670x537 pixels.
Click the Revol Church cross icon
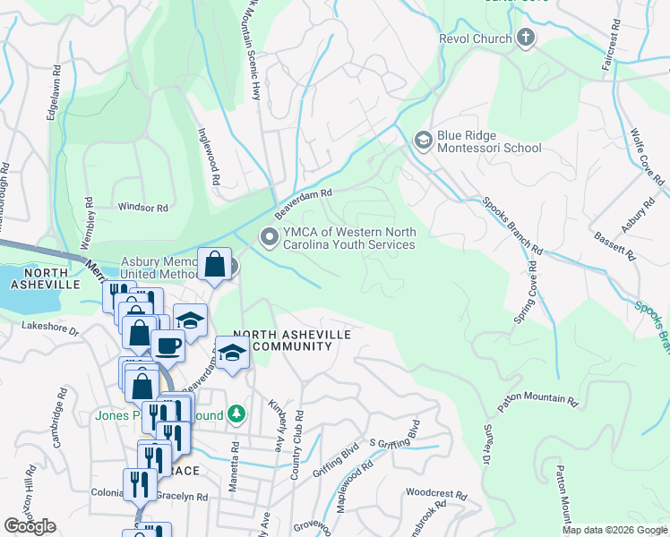pyautogui.click(x=525, y=38)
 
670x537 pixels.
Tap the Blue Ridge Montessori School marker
pyautogui.click(x=423, y=141)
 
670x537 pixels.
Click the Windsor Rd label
pyautogui.click(x=143, y=207)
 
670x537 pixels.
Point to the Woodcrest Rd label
pyautogui.click(x=436, y=494)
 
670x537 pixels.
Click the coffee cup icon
pyautogui.click(x=167, y=345)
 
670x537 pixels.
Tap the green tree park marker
pyautogui.click(x=236, y=414)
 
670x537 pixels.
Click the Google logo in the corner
pyautogui.click(x=30, y=526)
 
